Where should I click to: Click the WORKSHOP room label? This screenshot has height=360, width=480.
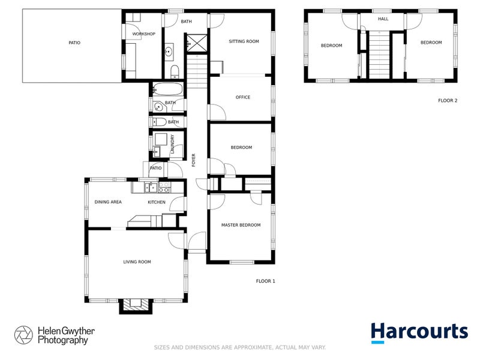[x=144, y=34]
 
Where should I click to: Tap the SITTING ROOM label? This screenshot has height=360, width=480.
[x=244, y=41]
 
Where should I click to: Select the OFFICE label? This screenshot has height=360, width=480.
[x=243, y=97]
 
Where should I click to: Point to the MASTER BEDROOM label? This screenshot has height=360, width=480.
[x=241, y=225]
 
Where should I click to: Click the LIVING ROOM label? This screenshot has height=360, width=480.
[x=137, y=262]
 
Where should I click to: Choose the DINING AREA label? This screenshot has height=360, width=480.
[x=108, y=202]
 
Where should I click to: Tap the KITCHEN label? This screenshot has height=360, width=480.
[x=157, y=202]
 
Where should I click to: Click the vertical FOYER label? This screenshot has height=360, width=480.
[x=194, y=160]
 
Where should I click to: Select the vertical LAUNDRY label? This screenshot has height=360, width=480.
[x=172, y=145]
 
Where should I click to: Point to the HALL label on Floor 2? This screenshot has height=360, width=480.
[x=383, y=19]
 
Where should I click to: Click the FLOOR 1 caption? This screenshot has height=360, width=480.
[x=265, y=281]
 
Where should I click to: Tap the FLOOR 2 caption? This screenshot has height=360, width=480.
[x=448, y=101]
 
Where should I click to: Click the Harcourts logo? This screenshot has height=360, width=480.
[x=419, y=332]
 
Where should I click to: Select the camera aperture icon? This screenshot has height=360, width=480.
[x=23, y=335]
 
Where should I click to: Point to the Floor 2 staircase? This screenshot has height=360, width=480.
[x=379, y=56]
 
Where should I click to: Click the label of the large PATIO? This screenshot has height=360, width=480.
[x=74, y=43]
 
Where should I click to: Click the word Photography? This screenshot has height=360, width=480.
[x=63, y=340]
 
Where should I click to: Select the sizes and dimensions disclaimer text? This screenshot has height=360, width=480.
[x=240, y=347]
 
